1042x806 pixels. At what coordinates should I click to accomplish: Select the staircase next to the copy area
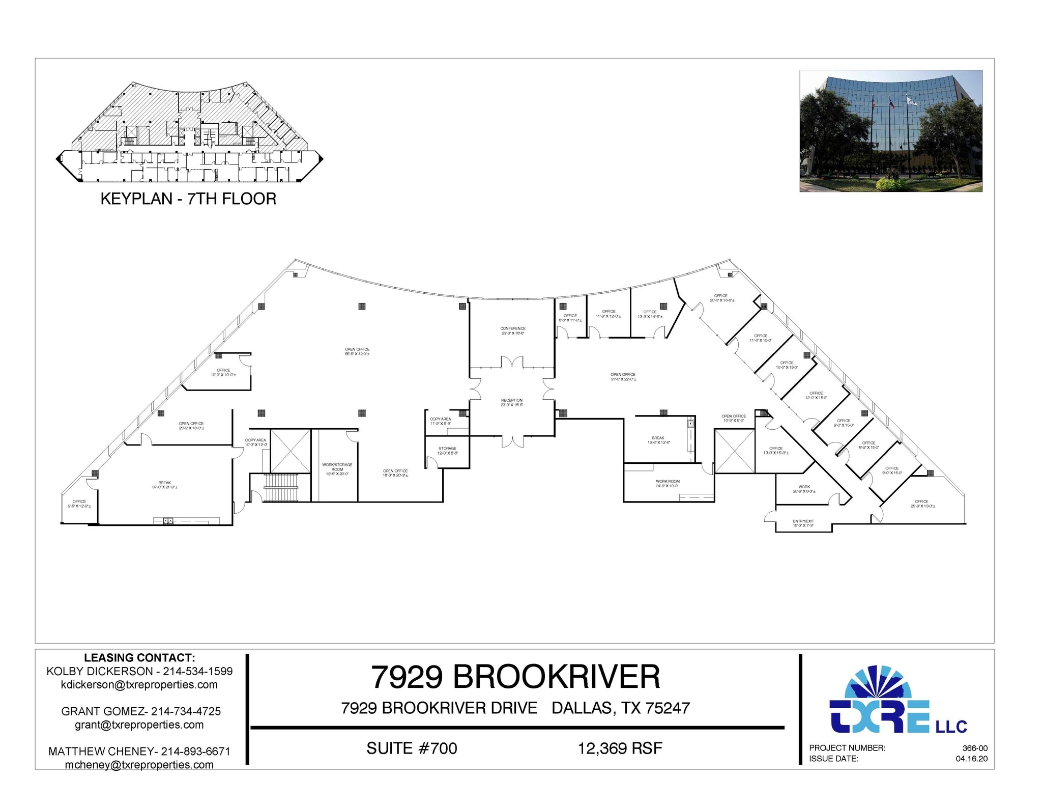coord(280,488)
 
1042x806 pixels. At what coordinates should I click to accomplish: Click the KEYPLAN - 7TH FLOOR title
coord(188,199)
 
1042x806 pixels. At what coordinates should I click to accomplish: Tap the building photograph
coord(890,131)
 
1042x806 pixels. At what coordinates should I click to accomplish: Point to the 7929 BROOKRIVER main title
coord(515,677)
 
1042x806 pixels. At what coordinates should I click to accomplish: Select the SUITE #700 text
coord(412,748)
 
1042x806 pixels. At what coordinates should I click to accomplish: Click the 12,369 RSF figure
coord(620,748)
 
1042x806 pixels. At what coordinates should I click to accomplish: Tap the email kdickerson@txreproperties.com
coord(139,685)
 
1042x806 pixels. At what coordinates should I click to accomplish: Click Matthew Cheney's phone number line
coord(139,752)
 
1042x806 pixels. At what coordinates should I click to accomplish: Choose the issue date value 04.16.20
coord(971,759)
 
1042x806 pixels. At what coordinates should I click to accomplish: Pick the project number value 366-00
coord(974,748)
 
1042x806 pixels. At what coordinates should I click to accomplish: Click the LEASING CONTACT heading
coord(139,658)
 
